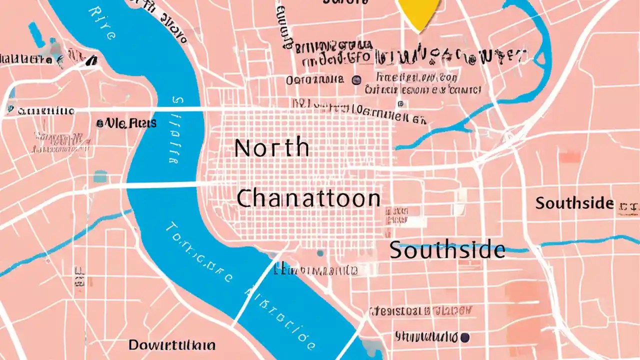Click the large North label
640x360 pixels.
(271, 147)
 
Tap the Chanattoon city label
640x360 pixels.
(308, 198)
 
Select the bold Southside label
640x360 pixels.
(574, 203)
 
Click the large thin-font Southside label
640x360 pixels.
(447, 249)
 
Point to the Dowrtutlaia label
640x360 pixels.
(172, 344)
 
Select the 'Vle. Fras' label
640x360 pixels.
(126, 123)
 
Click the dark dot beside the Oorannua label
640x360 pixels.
(356, 79)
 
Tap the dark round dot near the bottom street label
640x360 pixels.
(465, 337)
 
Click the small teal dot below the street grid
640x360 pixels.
(320, 253)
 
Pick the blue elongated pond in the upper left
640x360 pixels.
(36, 35)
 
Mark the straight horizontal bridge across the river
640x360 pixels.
(165, 185)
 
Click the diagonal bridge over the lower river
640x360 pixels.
(255, 290)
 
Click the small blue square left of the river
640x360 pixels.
(100, 176)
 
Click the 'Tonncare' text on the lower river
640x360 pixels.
(197, 252)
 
